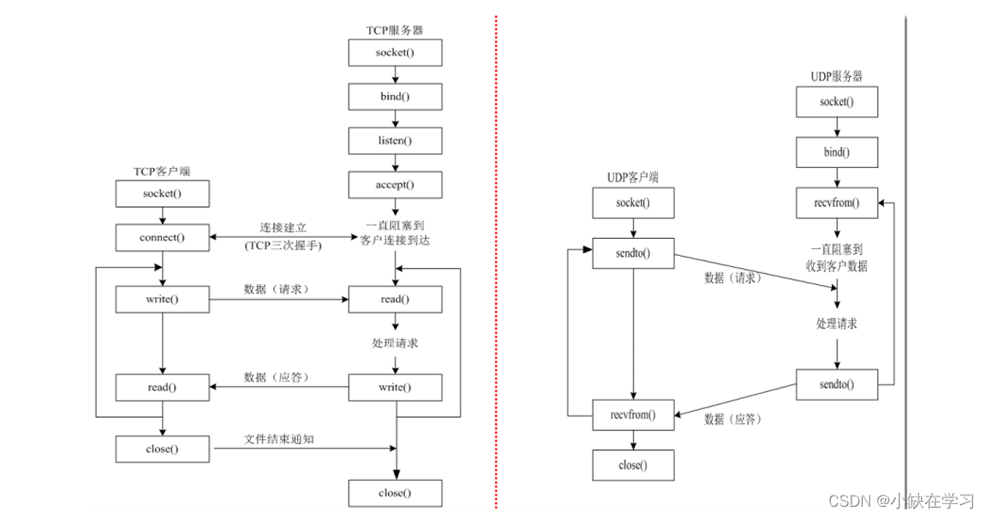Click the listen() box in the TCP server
(395, 140)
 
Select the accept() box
(395, 184)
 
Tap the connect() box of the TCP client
(162, 237)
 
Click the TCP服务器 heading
(394, 30)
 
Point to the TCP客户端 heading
(161, 171)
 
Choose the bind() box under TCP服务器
(395, 95)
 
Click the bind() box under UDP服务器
(837, 152)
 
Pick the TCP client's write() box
(162, 299)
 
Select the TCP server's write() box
(395, 387)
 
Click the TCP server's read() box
(395, 299)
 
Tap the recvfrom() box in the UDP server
(837, 204)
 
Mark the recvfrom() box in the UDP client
(633, 414)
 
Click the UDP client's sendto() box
(633, 253)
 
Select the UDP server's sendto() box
(837, 383)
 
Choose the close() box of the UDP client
(633, 465)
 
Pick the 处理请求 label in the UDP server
(837, 324)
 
